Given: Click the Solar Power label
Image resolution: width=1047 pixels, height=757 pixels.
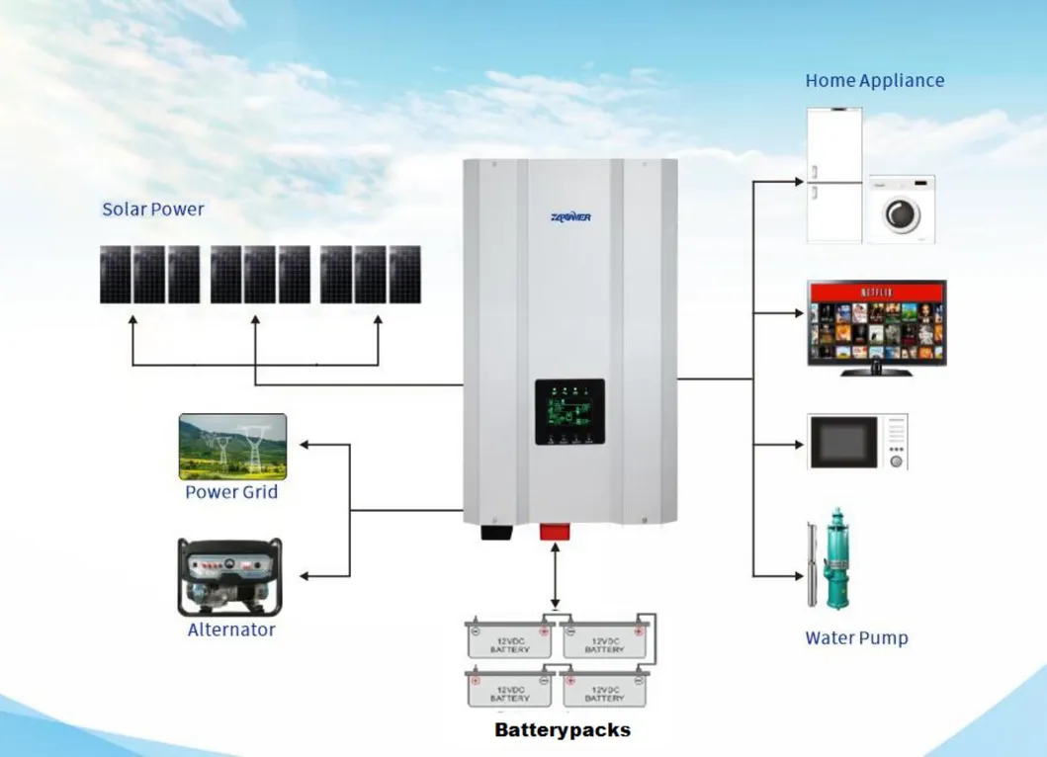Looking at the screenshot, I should [153, 210].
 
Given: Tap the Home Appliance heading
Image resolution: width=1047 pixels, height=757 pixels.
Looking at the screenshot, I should [874, 81].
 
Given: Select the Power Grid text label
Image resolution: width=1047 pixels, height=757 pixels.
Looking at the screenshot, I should [231, 492].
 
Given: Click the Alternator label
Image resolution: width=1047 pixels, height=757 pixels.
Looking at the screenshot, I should [231, 630].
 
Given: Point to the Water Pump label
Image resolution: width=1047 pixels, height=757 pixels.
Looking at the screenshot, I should [856, 638].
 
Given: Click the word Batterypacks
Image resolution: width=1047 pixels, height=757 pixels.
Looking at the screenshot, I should [563, 731].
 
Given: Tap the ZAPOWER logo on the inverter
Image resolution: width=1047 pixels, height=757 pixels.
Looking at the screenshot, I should [570, 216].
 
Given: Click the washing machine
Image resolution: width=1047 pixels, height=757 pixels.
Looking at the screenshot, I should [901, 210].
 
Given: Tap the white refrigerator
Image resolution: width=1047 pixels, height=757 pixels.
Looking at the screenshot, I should [834, 175].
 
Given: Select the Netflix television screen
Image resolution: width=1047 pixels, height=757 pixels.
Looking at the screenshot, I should [876, 322].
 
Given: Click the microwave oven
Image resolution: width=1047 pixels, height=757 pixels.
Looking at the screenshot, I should [857, 442].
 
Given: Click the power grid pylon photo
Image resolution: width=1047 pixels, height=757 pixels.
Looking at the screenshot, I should [232, 447].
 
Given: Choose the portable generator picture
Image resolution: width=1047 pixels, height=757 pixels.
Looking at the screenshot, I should [229, 577].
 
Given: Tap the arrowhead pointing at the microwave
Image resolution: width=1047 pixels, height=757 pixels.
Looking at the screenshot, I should [798, 444].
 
